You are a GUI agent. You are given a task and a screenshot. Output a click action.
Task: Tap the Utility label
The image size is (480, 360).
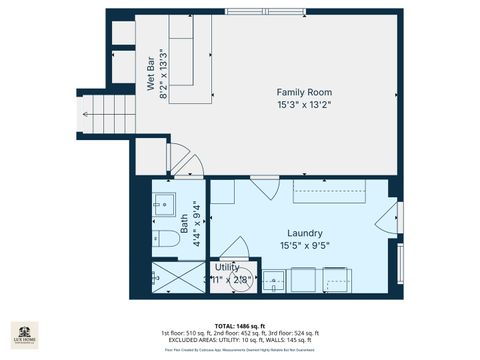click(x=227, y=267)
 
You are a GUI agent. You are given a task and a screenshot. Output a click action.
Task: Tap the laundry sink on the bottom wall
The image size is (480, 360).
click(x=273, y=281)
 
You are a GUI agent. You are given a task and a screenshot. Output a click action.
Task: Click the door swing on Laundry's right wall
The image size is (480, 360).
click(x=390, y=215)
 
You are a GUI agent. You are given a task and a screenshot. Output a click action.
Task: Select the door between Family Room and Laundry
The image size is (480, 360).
click(x=265, y=188)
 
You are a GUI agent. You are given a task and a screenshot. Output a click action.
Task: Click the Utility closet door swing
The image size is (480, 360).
click(x=235, y=248)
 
